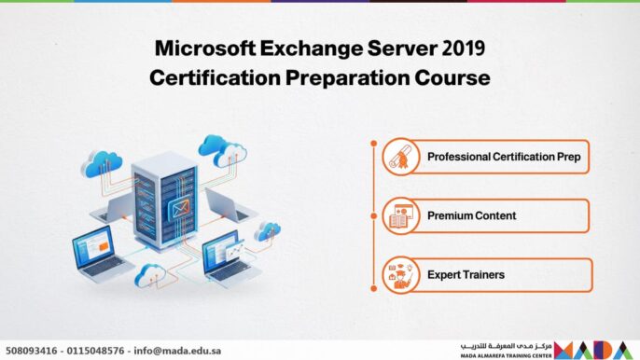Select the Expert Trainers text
pos(466,275)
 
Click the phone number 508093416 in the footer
pos(32,351)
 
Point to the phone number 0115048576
pos(95,351)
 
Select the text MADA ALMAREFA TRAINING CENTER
pos(506,355)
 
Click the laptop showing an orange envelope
pos(230,254)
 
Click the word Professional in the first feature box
pos(460,157)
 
